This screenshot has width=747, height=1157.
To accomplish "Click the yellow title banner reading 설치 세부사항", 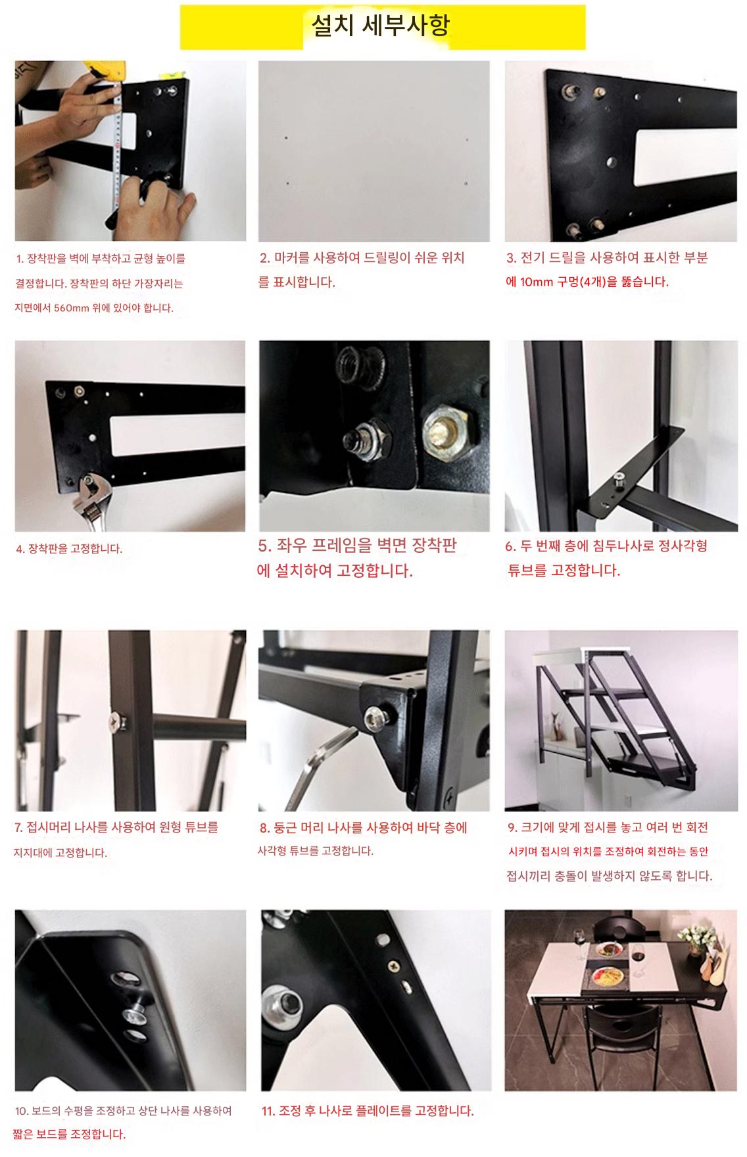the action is pos(383,27).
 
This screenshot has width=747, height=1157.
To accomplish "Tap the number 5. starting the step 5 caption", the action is pos(265,546).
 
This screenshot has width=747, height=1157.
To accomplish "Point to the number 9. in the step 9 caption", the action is pos(512,828).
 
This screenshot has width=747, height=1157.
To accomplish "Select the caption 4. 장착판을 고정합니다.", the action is pos(69,549).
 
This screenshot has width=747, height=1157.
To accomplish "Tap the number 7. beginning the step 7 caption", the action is pos(18,828).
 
